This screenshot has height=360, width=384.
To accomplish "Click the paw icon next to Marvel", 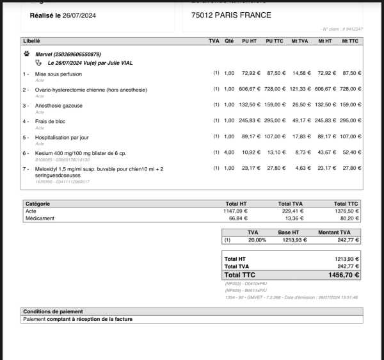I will (x=26, y=54).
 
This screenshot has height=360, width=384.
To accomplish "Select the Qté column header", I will (x=229, y=41).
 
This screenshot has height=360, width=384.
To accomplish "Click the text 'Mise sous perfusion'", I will (x=58, y=74).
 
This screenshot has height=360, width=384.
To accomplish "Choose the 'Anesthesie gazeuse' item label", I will (x=59, y=105).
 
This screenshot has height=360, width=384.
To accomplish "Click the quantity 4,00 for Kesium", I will (x=229, y=152).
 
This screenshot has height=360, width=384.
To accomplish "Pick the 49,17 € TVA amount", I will (x=300, y=121).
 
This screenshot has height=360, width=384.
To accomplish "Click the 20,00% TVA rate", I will (x=258, y=240).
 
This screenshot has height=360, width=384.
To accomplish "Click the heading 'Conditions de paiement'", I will (x=50, y=311).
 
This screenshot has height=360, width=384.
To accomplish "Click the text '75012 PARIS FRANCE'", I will (x=231, y=15).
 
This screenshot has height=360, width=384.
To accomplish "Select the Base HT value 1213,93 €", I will (x=295, y=240).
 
